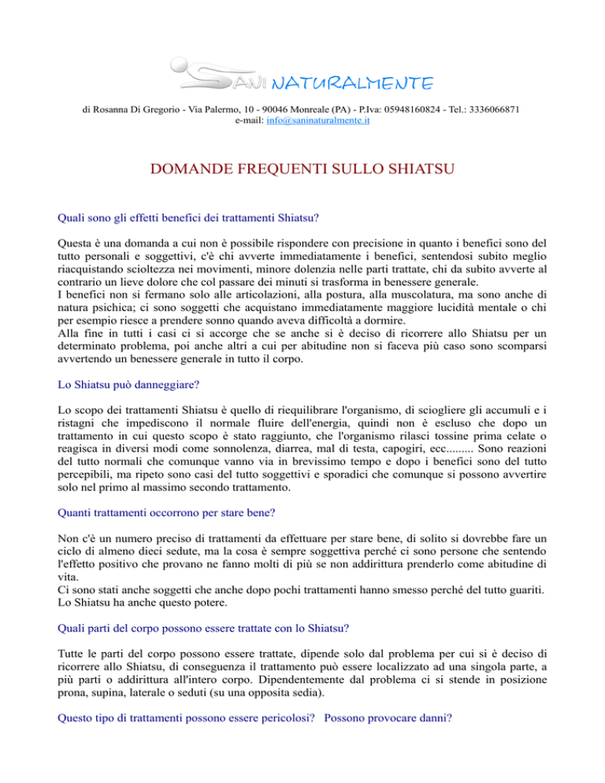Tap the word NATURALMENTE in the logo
point(351,83)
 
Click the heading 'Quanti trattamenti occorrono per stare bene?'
point(166,511)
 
